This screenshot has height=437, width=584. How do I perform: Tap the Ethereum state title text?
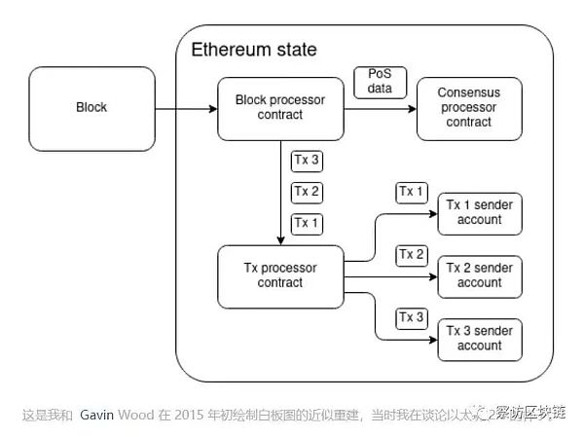point(253,50)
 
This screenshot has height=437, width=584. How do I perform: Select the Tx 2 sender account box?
point(480,275)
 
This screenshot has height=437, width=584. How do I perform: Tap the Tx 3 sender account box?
point(480,338)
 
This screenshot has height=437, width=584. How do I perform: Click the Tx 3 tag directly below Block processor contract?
point(306,160)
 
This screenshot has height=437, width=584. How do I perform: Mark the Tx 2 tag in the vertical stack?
point(306,192)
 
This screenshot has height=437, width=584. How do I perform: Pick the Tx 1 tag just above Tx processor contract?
point(306,224)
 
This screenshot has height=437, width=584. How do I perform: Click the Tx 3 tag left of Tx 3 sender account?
point(411,317)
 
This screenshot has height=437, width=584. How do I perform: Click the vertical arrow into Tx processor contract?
point(280,195)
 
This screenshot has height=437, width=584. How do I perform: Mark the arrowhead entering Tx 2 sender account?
point(430,275)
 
